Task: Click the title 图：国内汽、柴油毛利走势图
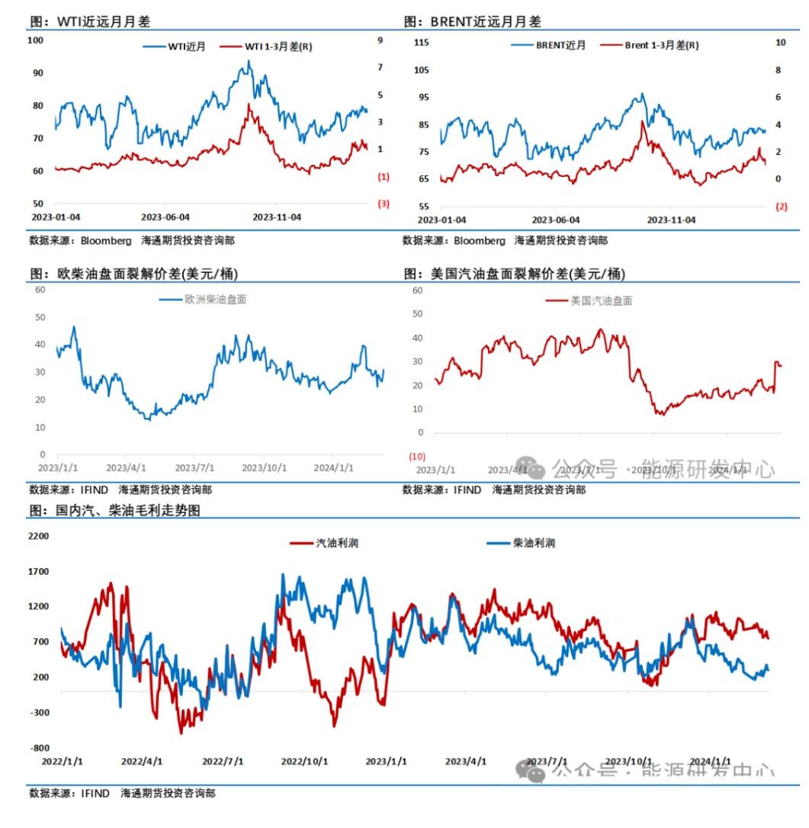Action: tap(115, 511)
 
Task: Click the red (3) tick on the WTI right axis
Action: tap(384, 204)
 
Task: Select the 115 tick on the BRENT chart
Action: tap(421, 43)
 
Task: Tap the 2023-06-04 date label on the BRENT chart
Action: tap(556, 220)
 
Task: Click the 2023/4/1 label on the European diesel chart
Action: tap(127, 468)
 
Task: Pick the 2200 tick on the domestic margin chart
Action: tap(38, 536)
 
